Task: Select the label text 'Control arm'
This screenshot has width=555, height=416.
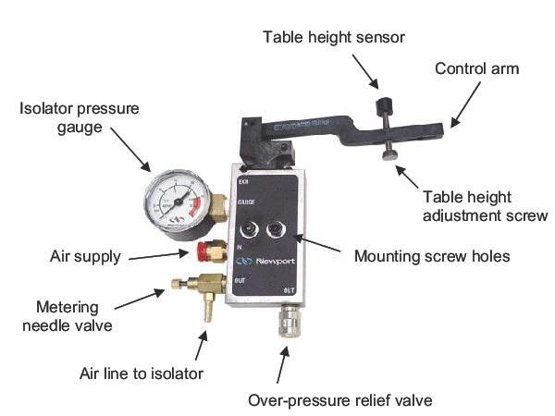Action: point(477,68)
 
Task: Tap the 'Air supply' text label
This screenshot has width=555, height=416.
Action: point(86,256)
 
